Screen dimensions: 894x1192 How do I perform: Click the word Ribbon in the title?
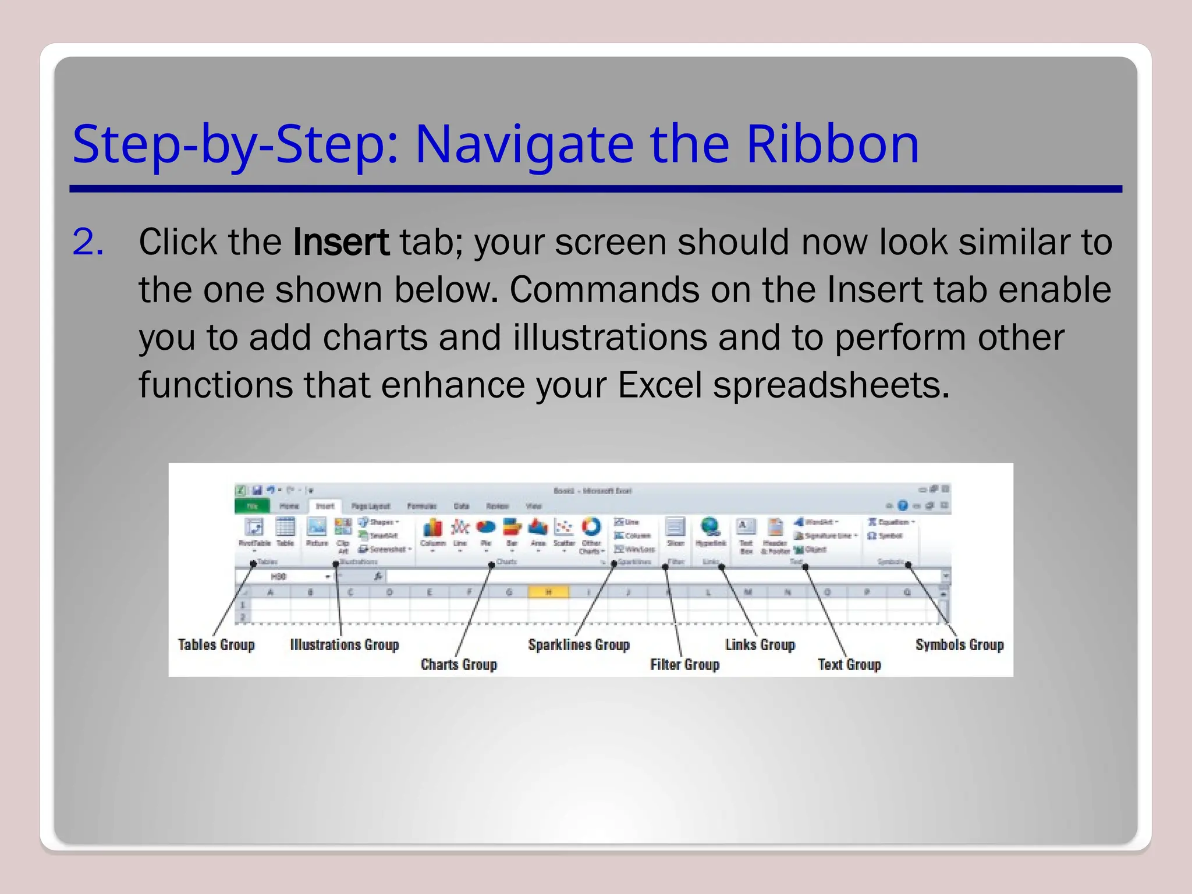click(832, 144)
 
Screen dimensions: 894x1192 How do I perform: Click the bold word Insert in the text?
click(341, 242)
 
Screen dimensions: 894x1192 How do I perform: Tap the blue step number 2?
click(88, 242)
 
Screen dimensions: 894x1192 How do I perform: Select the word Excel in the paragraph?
click(659, 385)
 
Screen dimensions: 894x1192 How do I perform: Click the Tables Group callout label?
click(217, 645)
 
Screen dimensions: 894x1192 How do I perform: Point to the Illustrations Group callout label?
click(345, 645)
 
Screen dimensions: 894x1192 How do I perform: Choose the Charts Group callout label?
click(459, 665)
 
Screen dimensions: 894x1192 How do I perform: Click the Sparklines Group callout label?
click(579, 645)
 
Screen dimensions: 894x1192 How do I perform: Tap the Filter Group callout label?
click(684, 665)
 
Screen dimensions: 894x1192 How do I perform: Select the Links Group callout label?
click(760, 645)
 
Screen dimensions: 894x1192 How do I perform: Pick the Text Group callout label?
click(849, 665)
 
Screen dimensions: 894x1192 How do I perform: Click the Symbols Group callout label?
click(959, 645)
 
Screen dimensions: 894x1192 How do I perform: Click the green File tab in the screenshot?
click(252, 506)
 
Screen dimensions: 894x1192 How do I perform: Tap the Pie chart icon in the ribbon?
click(485, 528)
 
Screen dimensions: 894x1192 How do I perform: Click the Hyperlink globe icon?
click(710, 527)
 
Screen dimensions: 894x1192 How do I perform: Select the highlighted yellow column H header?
click(548, 593)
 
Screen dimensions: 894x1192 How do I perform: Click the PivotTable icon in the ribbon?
click(254, 527)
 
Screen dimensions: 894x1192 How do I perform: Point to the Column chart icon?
click(432, 528)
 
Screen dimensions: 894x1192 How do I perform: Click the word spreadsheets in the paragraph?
click(831, 385)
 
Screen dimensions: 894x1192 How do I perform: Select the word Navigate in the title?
click(524, 144)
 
